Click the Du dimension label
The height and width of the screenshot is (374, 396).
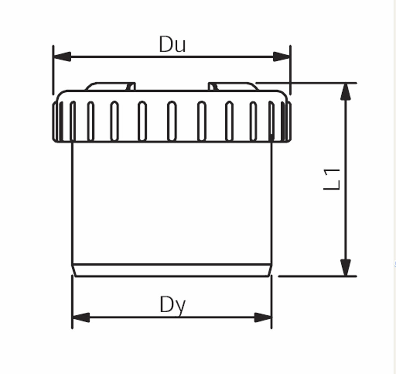pyautogui.click(x=173, y=45)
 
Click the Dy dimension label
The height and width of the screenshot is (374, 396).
pyautogui.click(x=173, y=305)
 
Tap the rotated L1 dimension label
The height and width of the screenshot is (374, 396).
pyautogui.click(x=332, y=179)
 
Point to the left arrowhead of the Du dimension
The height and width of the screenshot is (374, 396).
pyautogui.click(x=62, y=56)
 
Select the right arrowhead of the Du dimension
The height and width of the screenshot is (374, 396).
pyautogui.click(x=282, y=56)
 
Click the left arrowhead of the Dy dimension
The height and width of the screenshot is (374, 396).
pyautogui.click(x=81, y=318)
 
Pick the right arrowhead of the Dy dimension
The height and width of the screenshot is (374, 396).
pyautogui.click(x=263, y=318)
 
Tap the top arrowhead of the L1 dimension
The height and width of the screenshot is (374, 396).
pyautogui.click(x=346, y=92)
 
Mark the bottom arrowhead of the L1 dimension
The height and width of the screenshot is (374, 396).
pyautogui.click(x=346, y=267)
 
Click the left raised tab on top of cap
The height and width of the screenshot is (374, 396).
pyautogui.click(x=110, y=86)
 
